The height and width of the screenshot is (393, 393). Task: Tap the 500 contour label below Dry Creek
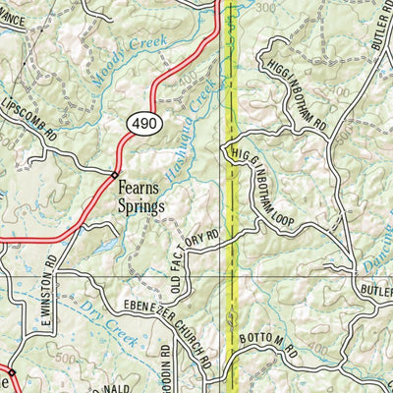(68, 360)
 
